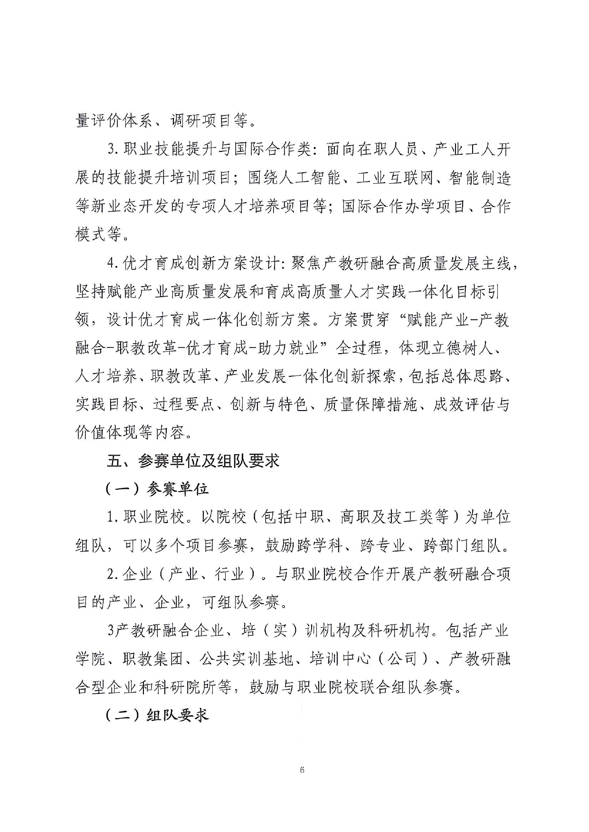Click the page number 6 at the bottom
tap(302, 770)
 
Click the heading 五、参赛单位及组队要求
tap(193, 461)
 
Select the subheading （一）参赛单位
tap(157, 489)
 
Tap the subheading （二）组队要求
tap(157, 715)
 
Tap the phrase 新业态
tap(114, 207)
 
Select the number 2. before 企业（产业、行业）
tap(113, 574)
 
